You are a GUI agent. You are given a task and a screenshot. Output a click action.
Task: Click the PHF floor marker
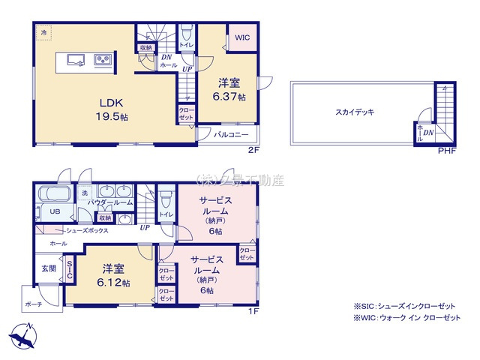[x=447, y=149]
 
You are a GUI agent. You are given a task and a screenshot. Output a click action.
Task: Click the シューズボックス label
[x=87, y=230]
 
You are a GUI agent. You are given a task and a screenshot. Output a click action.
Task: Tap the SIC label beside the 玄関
[x=70, y=268]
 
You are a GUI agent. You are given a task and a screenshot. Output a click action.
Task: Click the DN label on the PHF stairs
[x=429, y=133]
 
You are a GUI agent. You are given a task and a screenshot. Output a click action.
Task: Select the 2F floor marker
[x=255, y=149]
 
